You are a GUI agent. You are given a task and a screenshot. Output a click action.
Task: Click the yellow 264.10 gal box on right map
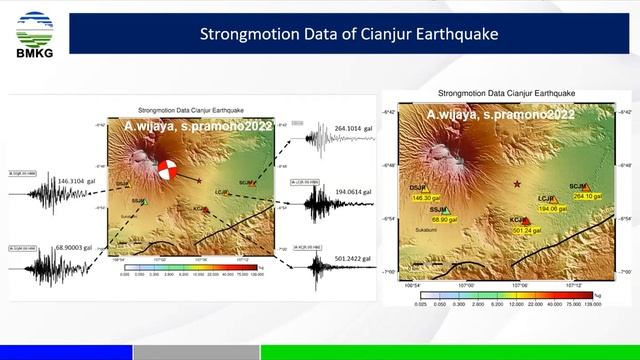pos(585,197)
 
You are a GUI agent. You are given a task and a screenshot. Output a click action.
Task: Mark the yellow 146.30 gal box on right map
pos(425,198)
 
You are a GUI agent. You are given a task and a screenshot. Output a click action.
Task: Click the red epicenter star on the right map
pos(517,185)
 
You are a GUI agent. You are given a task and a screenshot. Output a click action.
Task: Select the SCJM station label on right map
pos(578,186)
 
